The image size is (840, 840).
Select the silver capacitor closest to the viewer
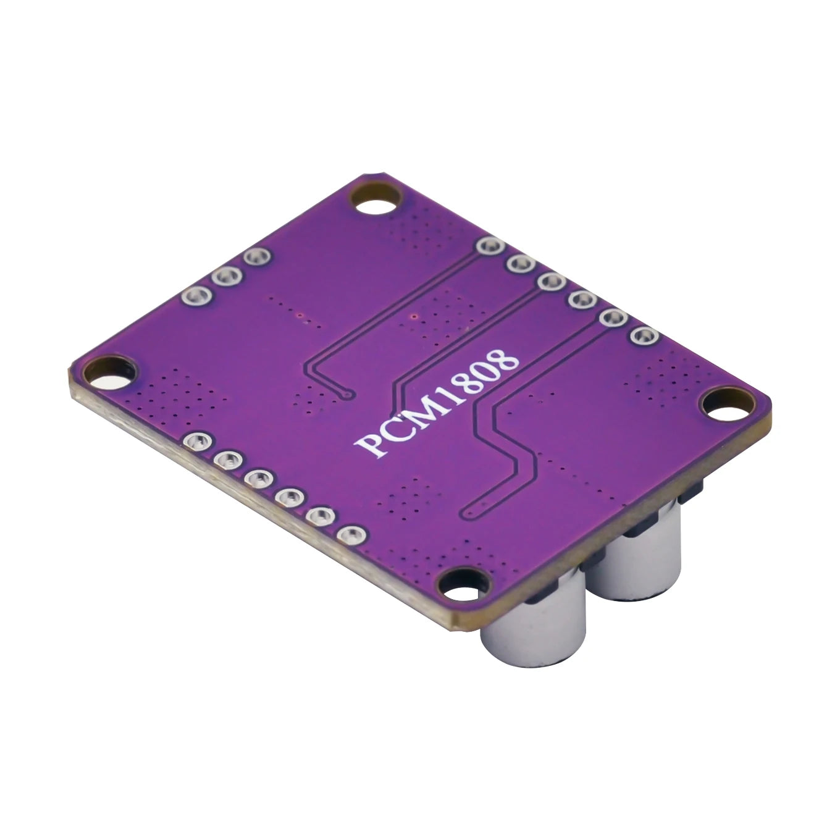point(533,624)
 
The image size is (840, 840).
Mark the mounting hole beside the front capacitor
point(460,584)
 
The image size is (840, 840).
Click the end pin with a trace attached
point(489,246)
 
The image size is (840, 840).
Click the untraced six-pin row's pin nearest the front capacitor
point(351,535)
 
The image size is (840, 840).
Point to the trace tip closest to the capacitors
point(470,511)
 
